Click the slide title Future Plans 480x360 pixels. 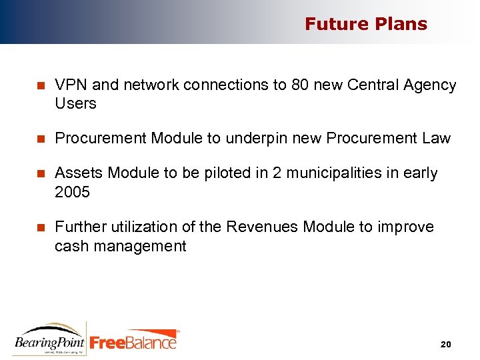point(365,24)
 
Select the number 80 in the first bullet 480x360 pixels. point(301,85)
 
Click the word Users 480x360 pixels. point(75,104)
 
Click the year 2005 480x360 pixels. point(72,193)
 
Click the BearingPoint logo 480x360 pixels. point(49,338)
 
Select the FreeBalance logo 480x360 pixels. point(133,340)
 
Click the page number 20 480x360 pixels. point(446,344)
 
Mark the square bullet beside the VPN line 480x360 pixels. point(40,85)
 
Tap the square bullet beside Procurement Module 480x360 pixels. point(40,139)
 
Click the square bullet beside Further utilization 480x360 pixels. point(40,228)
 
